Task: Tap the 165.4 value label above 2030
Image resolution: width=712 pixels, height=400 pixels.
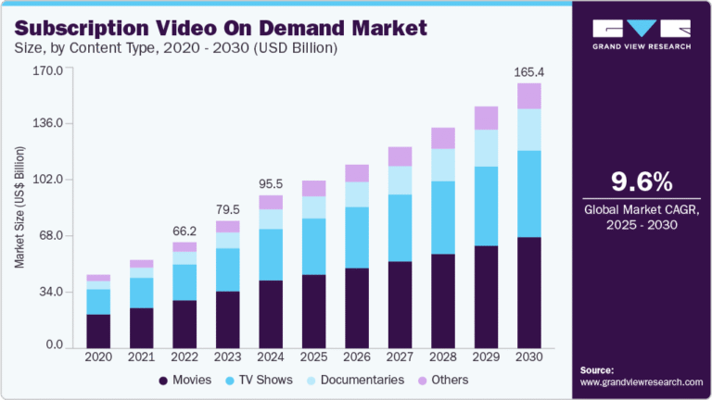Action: (x=528, y=71)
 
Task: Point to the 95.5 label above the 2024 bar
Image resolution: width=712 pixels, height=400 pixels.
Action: (x=271, y=183)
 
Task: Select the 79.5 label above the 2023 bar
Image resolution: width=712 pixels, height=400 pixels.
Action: (x=228, y=208)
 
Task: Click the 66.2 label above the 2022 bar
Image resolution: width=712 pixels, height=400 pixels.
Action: (x=184, y=231)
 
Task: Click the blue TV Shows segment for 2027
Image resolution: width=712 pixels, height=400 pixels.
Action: (x=400, y=228)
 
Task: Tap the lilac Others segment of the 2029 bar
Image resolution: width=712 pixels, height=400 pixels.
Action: (x=486, y=118)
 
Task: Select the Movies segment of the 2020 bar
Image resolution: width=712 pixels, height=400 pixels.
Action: (x=98, y=330)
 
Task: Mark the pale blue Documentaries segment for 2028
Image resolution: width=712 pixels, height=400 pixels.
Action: (x=443, y=165)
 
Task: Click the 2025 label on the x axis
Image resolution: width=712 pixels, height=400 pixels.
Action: (x=313, y=356)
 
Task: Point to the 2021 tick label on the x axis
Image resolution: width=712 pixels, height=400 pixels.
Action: (x=141, y=356)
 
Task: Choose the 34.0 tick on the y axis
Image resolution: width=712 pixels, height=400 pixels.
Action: (x=48, y=292)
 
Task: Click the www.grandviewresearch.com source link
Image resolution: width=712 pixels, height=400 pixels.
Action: (x=642, y=381)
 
